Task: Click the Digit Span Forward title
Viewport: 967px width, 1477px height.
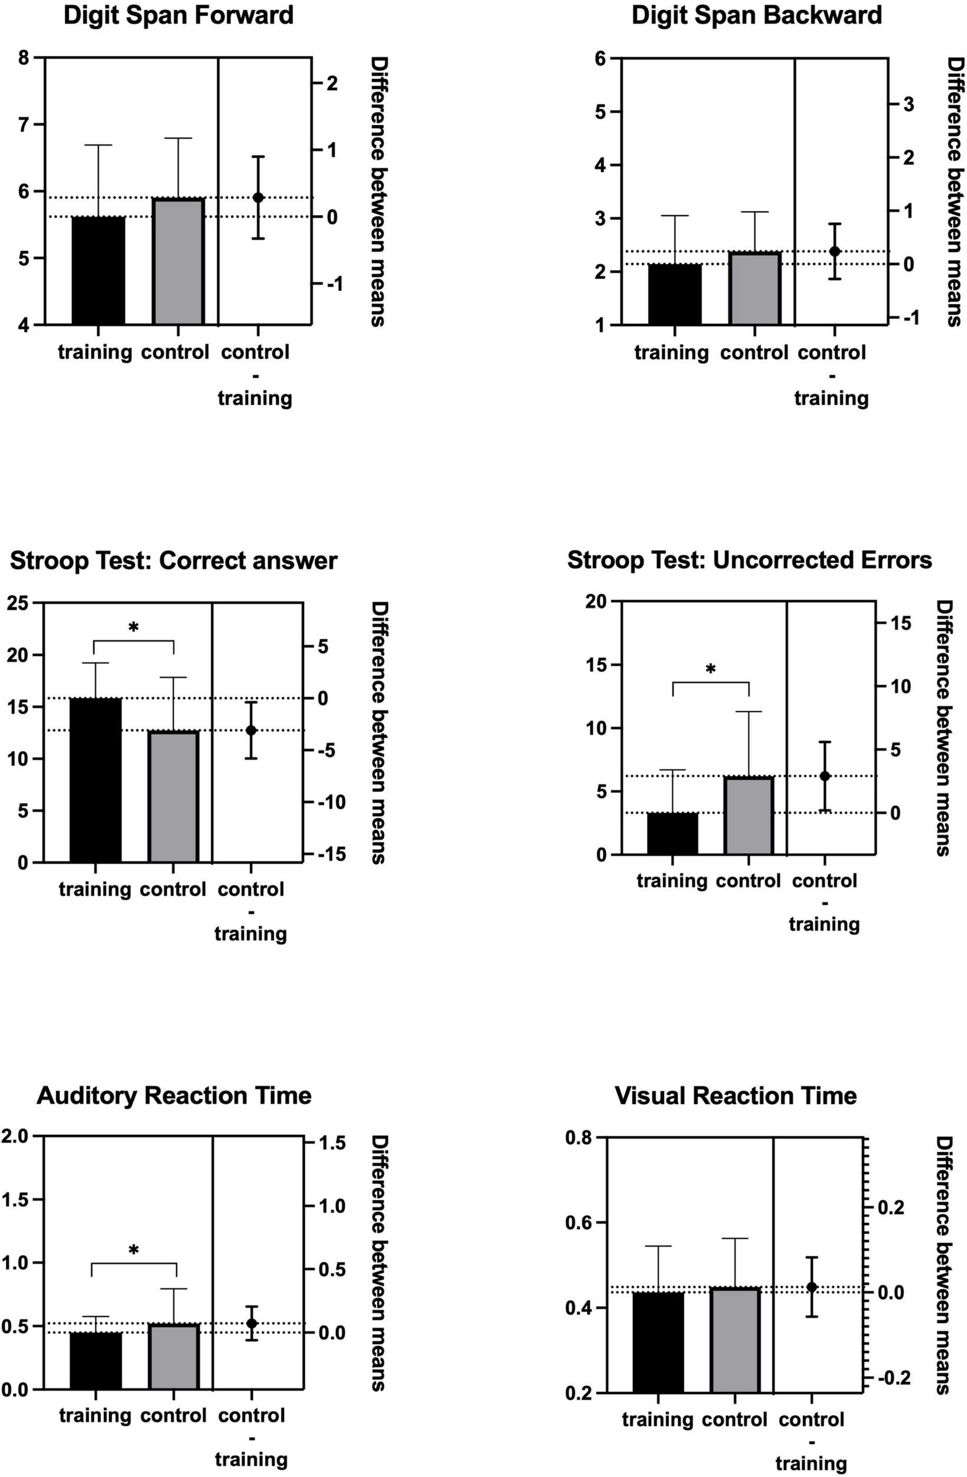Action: click(x=179, y=15)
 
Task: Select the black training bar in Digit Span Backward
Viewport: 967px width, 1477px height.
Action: click(x=674, y=294)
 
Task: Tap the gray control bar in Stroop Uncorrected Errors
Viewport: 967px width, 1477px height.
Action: click(x=749, y=815)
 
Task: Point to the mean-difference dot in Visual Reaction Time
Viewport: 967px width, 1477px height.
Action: click(x=811, y=1287)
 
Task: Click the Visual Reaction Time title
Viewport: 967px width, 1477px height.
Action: click(x=736, y=1097)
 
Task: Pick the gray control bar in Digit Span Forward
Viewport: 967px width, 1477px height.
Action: click(x=179, y=261)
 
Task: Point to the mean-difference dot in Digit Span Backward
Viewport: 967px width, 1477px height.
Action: click(x=835, y=251)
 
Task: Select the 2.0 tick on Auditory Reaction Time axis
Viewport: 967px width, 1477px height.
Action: click(x=15, y=1136)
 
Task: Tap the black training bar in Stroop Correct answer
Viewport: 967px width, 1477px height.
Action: click(x=96, y=780)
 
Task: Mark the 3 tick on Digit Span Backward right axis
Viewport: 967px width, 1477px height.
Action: click(x=909, y=104)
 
